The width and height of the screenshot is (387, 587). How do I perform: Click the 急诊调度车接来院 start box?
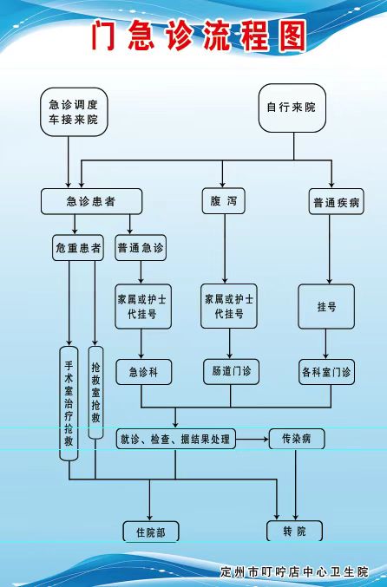tap(74, 112)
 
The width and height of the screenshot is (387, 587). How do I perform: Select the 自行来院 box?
tap(292, 108)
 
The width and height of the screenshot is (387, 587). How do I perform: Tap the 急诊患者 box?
tap(91, 201)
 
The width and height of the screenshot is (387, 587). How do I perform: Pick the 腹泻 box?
tap(224, 201)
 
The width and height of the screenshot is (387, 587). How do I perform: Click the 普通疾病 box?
tap(336, 202)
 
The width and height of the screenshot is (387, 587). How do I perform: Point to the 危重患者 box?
tap(78, 247)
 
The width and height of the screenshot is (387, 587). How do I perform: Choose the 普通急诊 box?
tap(141, 247)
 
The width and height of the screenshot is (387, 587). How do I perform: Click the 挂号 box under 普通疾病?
tap(326, 307)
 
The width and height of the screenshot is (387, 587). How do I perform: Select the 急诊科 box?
tap(144, 372)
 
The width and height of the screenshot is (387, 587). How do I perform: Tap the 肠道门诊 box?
tap(231, 372)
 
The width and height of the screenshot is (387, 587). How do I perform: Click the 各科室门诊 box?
tap(326, 372)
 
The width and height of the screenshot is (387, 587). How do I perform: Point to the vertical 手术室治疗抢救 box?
tap(69, 403)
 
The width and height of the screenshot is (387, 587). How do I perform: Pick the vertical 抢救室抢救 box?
tap(95, 392)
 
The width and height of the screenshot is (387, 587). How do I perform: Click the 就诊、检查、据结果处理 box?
tap(175, 439)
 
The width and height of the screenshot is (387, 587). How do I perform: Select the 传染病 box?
tap(297, 439)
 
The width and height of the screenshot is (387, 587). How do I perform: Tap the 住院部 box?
tap(151, 532)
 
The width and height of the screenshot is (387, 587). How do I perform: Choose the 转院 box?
tap(294, 531)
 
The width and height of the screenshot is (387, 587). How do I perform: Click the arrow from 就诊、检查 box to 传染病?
tap(253, 439)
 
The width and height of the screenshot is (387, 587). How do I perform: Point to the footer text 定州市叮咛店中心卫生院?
tap(295, 572)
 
